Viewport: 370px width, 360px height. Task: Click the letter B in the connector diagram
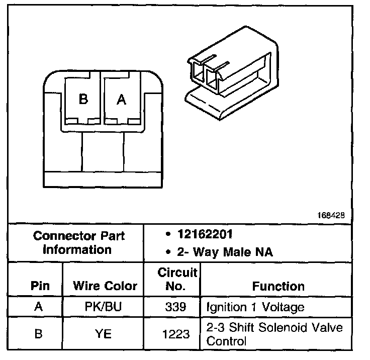tap(83, 99)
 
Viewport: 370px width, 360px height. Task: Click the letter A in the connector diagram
tap(121, 100)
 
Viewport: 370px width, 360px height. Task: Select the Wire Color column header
tap(105, 286)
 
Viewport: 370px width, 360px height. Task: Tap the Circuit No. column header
tap(177, 280)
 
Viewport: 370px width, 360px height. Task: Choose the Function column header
tap(279, 286)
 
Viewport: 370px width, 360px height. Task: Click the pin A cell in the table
tap(39, 307)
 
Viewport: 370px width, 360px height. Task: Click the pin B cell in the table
tap(39, 333)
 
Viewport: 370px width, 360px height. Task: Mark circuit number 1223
tap(177, 333)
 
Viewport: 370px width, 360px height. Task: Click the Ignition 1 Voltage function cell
tap(255, 307)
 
